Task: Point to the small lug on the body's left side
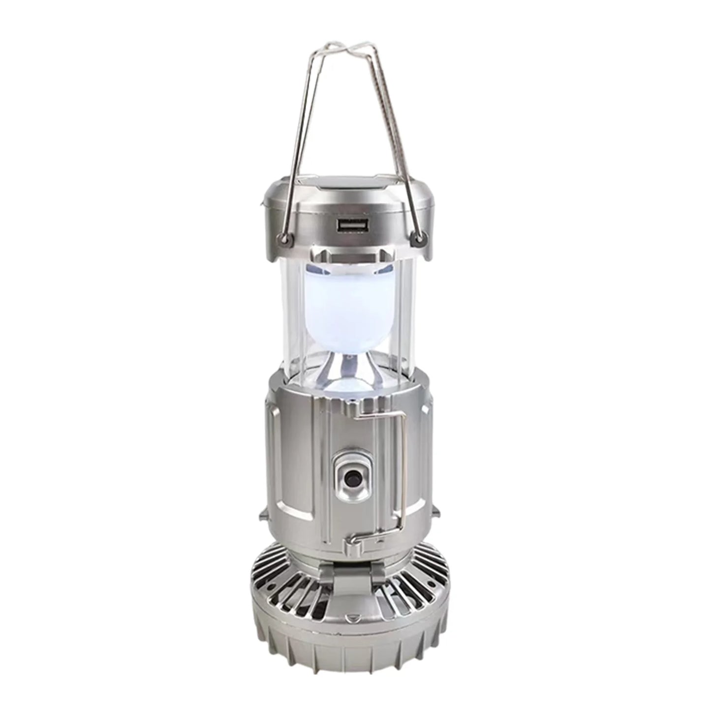(x=263, y=514)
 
